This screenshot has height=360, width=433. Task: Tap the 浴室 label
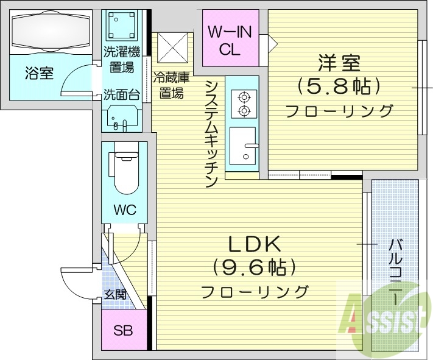39,74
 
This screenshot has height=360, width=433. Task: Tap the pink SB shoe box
124,333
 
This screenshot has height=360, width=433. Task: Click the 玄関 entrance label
114,295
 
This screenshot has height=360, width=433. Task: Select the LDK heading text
254,244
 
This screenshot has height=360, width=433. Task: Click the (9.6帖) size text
254,267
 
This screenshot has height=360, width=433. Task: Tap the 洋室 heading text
339,63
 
